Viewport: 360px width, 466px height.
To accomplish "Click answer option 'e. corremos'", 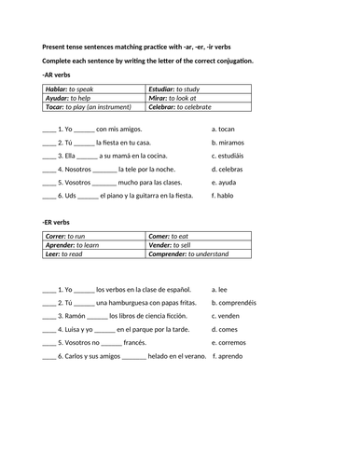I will (232, 342).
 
